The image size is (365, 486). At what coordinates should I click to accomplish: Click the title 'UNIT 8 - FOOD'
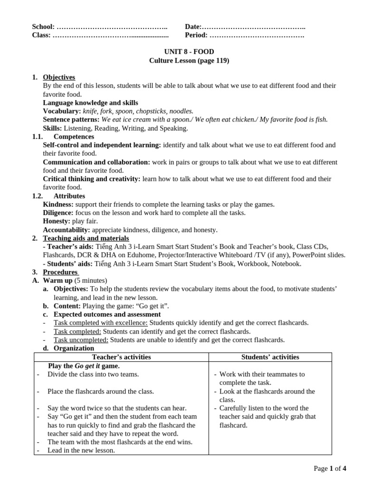[x=182, y=52]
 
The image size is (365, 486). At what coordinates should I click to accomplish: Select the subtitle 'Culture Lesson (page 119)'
[x=182, y=60]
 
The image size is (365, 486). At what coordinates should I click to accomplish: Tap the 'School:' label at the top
[x=43, y=27]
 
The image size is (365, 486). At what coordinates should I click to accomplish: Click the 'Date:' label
[x=193, y=27]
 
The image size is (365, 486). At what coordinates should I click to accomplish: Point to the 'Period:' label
[x=196, y=35]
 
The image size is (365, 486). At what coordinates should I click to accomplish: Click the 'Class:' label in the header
[x=41, y=35]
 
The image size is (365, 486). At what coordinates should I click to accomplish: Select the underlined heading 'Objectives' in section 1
[x=59, y=77]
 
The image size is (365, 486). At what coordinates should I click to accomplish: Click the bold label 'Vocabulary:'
[x=61, y=111]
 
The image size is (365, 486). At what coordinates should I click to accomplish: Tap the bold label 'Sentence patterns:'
[x=71, y=120]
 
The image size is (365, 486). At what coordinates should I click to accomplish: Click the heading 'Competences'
[x=69, y=136]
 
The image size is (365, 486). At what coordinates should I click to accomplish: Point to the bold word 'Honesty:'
[x=57, y=221]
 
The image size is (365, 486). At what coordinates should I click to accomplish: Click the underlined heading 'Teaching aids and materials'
[x=86, y=238]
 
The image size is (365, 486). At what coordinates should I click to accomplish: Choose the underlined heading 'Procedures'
[x=60, y=272]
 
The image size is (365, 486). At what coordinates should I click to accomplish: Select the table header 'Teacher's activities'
[x=121, y=357]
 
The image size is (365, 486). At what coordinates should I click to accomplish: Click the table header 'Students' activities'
[x=270, y=357]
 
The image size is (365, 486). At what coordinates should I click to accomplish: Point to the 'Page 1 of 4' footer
[x=330, y=468]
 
